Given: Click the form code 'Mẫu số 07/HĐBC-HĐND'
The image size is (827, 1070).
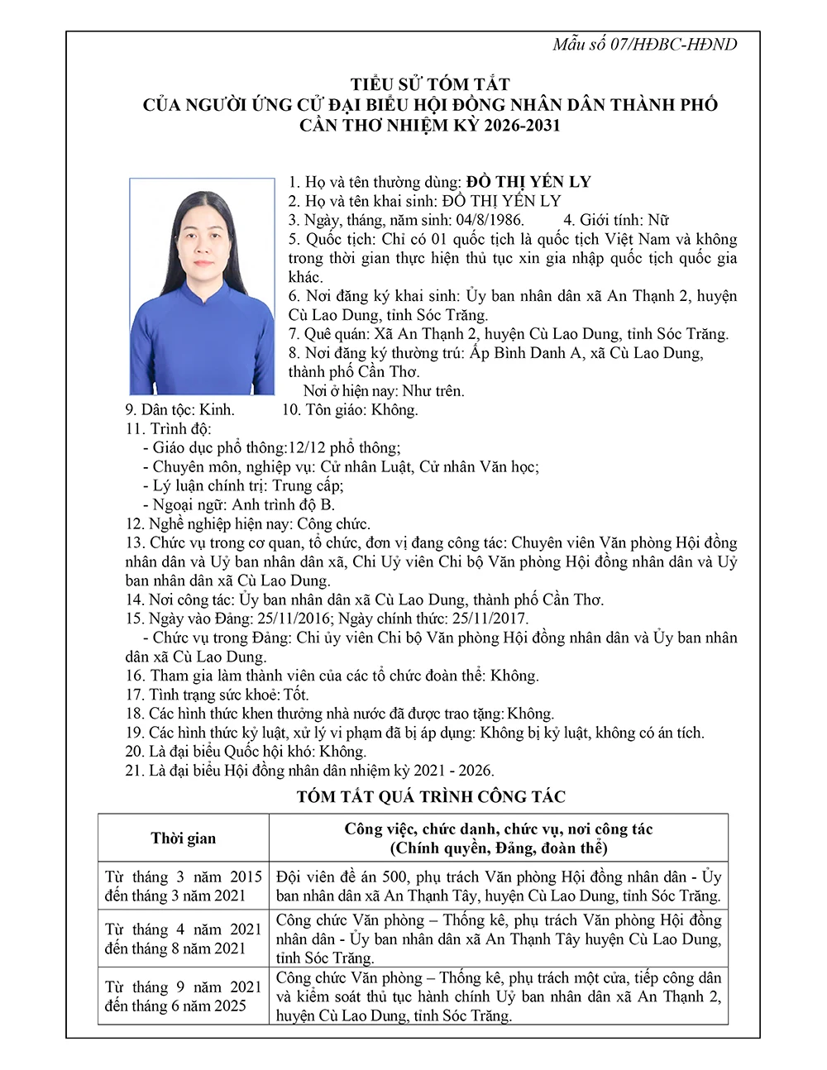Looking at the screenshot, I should click(644, 45).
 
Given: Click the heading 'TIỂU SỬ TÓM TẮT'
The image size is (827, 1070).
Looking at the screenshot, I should click(430, 84).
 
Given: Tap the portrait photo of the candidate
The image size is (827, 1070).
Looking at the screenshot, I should click(202, 287).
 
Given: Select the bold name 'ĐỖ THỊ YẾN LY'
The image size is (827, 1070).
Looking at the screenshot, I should click(528, 182).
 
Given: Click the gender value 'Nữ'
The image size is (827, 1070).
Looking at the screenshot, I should click(658, 220).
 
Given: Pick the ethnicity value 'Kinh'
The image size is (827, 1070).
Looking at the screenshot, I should click(217, 410).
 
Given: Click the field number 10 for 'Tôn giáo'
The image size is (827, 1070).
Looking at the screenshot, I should click(291, 410).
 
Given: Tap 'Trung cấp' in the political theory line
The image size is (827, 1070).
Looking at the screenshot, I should click(307, 486).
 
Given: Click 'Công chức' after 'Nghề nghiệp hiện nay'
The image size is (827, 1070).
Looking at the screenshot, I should click(333, 524).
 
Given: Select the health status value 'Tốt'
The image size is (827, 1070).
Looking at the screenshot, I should click(296, 695).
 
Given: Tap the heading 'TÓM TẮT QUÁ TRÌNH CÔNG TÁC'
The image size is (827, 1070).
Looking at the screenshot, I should click(431, 797).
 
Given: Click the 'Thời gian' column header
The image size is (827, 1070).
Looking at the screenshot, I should click(183, 838).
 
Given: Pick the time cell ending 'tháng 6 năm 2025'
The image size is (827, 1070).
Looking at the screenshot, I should click(183, 996).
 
